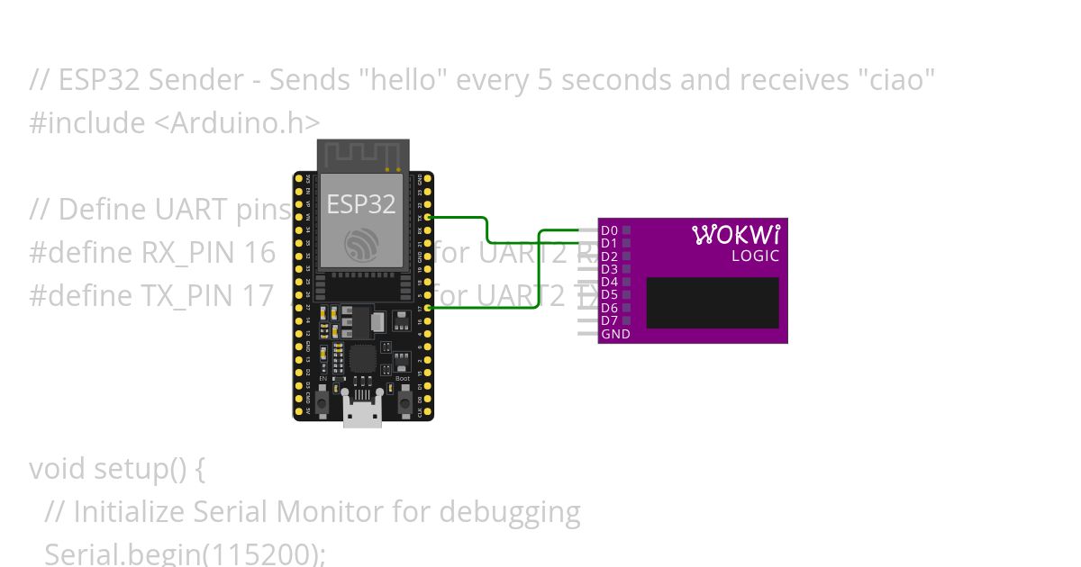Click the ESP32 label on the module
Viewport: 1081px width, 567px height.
(x=360, y=204)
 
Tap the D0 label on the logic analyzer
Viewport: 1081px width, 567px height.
(x=609, y=230)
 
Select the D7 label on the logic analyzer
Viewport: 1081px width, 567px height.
(x=609, y=320)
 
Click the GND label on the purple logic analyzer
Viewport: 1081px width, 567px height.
(x=615, y=334)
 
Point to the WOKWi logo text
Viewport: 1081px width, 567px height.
(x=736, y=235)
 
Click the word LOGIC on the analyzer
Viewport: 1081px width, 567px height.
(x=755, y=256)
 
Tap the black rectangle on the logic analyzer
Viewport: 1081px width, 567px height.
(x=712, y=302)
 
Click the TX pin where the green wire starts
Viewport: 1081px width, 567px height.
(x=428, y=217)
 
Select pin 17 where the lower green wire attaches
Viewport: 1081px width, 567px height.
(x=428, y=308)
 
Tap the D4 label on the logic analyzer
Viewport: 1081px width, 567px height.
(x=609, y=282)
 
